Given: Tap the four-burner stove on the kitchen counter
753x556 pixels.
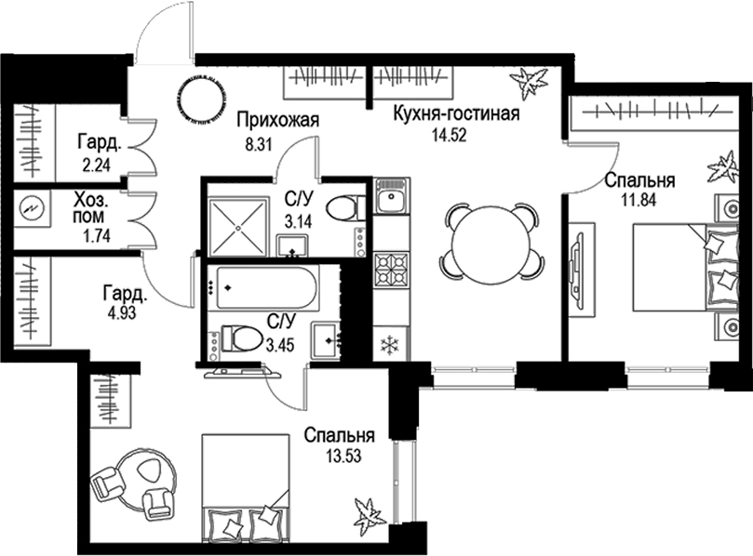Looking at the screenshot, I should [390, 271].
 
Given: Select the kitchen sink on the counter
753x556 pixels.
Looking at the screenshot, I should [390, 198].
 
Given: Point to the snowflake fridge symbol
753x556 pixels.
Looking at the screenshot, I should [390, 346].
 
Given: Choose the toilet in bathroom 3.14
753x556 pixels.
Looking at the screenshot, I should [346, 206].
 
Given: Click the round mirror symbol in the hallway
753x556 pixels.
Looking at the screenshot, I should [200, 98].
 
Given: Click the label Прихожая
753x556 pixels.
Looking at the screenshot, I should [277, 119].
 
